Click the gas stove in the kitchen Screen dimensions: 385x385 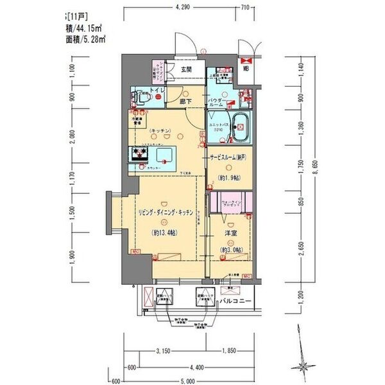click(139, 155)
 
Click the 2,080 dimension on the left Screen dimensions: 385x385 click(73, 137)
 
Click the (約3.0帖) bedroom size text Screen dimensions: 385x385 click(231, 249)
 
